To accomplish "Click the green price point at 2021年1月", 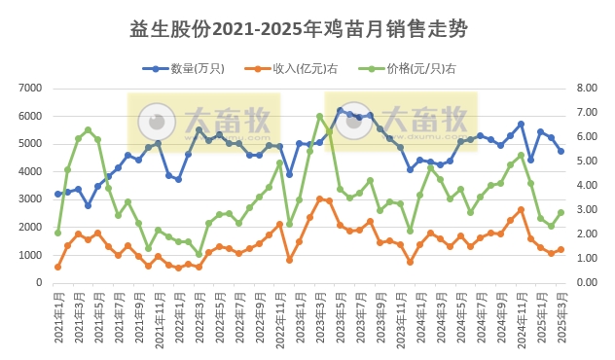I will point(58,233).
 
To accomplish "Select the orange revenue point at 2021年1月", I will point(58,267).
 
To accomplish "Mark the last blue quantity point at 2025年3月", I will point(561,151).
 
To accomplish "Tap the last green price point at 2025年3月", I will point(561,213).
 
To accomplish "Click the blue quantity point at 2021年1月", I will point(58,194).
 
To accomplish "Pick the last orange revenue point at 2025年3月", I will point(561,250).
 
